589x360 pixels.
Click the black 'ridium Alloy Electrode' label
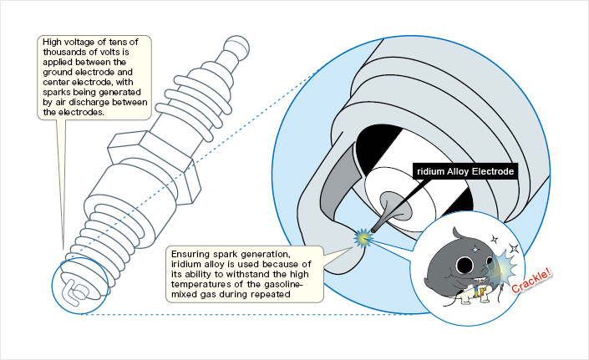[465, 172]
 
